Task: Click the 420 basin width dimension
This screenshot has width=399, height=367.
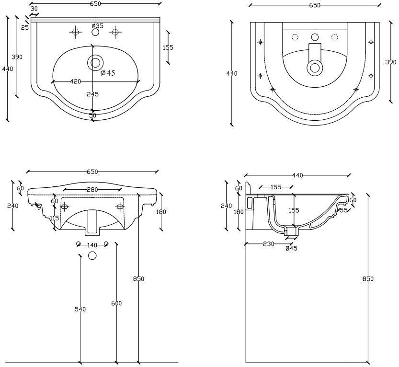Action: pyautogui.click(x=76, y=81)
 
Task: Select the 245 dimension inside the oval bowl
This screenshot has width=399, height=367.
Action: pyautogui.click(x=92, y=94)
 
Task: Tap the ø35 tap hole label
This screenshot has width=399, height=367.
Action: pyautogui.click(x=98, y=25)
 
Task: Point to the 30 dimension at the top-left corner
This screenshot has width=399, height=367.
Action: pyautogui.click(x=34, y=8)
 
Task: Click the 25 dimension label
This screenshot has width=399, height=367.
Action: pyautogui.click(x=25, y=27)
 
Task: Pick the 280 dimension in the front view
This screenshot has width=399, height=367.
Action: pyautogui.click(x=92, y=190)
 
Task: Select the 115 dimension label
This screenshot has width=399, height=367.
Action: pyautogui.click(x=54, y=218)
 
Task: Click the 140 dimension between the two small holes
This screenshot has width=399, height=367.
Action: pyautogui.click(x=92, y=245)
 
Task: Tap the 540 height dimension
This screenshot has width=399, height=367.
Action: pyautogui.click(x=80, y=309)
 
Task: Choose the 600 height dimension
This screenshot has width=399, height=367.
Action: pyautogui.click(x=116, y=303)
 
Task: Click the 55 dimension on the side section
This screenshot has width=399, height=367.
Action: pyautogui.click(x=343, y=210)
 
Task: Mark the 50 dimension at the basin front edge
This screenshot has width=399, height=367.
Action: pyautogui.click(x=92, y=115)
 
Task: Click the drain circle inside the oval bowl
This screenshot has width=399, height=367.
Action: pyautogui.click(x=95, y=62)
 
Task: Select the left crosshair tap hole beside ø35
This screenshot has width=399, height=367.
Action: pyautogui.click(x=75, y=32)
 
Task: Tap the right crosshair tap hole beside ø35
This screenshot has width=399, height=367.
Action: pyautogui.click(x=114, y=32)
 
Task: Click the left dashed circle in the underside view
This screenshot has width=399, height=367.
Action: pyautogui.click(x=295, y=37)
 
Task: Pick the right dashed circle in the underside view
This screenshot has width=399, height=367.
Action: pyautogui.click(x=335, y=37)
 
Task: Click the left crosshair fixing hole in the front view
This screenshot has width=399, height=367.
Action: pyautogui.click(x=65, y=206)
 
